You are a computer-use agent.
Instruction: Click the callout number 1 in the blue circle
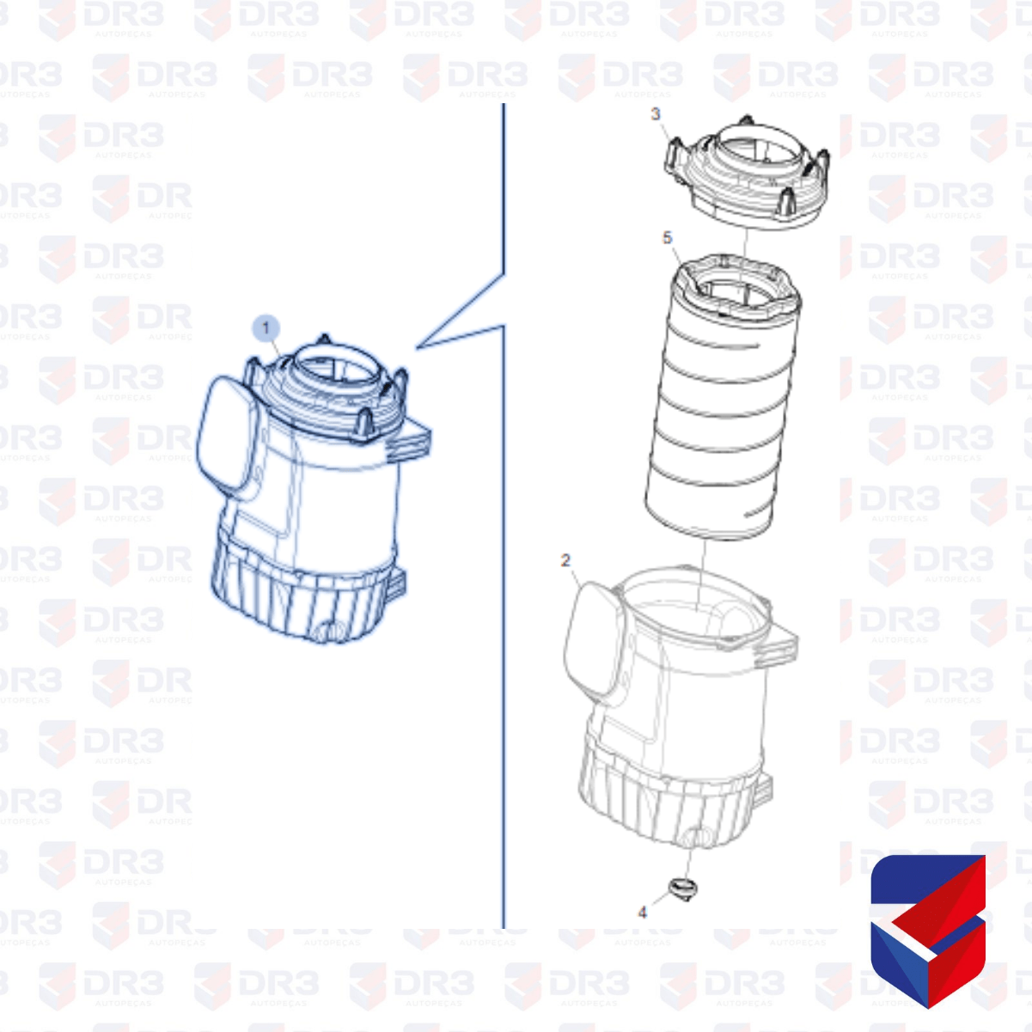point(266,328)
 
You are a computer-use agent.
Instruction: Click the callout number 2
point(565,560)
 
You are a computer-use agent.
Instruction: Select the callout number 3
point(656,114)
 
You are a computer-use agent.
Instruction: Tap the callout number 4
point(643,913)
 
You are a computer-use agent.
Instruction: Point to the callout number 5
point(668,237)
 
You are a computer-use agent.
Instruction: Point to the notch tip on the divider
point(418,347)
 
